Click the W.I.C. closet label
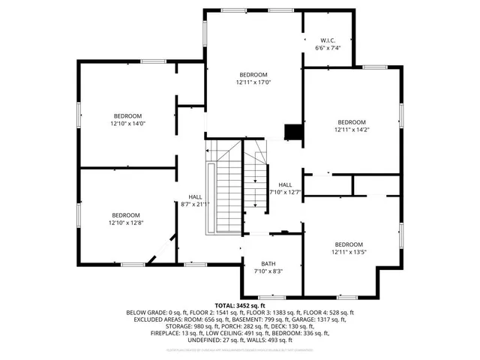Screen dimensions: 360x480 coord(328,40)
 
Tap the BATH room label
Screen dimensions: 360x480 coord(268,263)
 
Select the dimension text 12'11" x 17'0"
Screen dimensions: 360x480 coord(253,82)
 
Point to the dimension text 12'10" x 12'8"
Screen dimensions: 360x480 coord(125,223)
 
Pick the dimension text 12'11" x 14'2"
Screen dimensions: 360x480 coord(351,130)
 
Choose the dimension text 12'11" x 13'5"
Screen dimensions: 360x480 coord(349,253)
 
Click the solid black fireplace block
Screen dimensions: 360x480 coord(292,132)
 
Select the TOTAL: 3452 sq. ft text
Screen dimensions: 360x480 coord(239,305)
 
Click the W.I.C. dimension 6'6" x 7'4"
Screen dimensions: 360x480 coord(328,48)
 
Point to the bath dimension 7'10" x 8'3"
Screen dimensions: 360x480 coord(268,271)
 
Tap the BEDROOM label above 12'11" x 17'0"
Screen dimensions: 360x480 coord(253,74)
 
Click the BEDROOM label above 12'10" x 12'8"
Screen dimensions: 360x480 coord(125,214)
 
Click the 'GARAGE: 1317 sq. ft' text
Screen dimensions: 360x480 coord(329,319)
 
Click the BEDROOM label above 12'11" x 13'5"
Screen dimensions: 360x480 coord(349,244)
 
